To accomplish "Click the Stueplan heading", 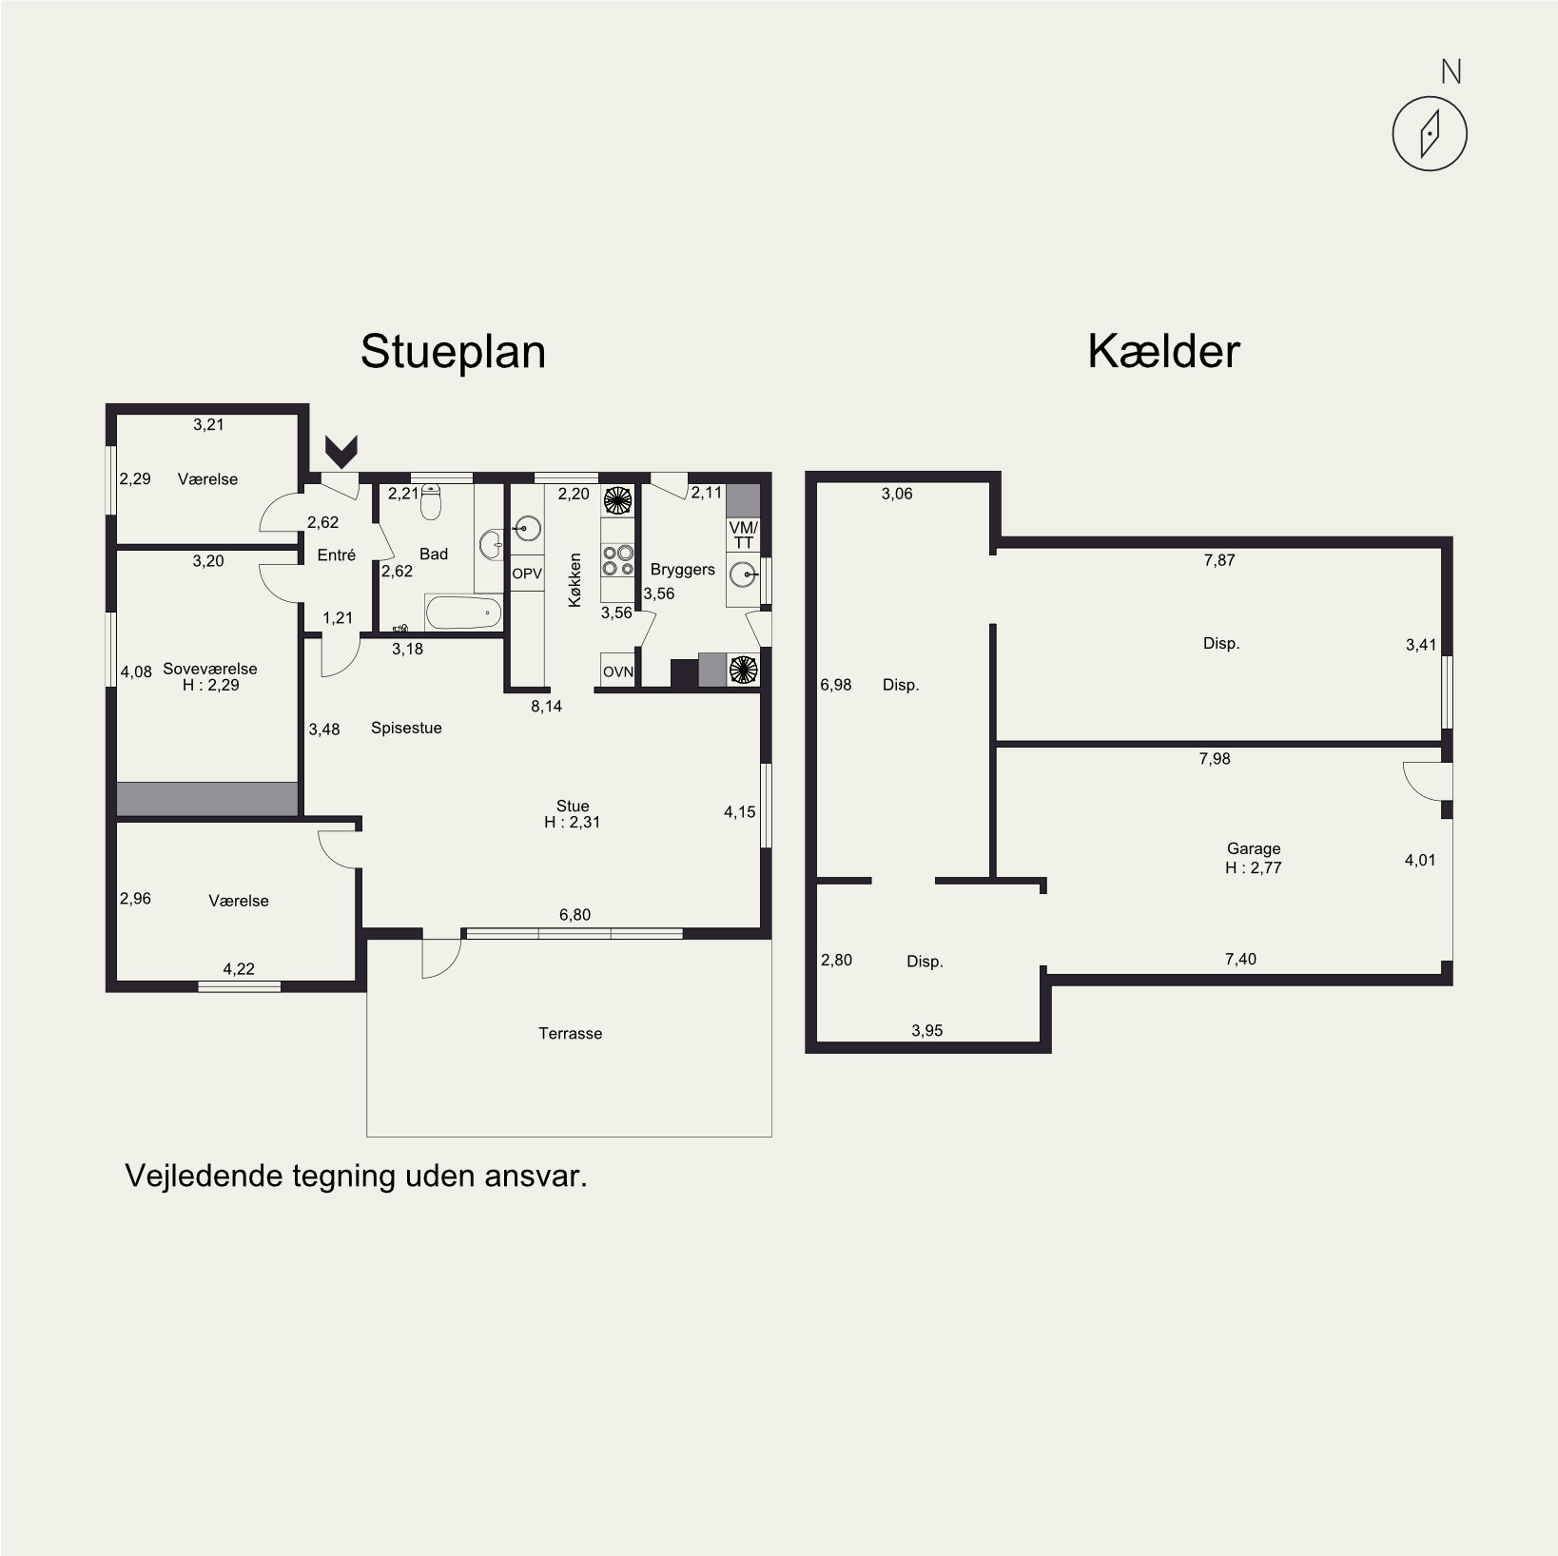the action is [453, 352].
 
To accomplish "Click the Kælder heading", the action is [1163, 351].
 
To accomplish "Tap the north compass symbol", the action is [1429, 134].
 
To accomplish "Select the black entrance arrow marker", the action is [341, 451].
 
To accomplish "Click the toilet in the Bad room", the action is [431, 502].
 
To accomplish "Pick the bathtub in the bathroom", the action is [463, 613].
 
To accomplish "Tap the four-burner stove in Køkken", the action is [617, 559].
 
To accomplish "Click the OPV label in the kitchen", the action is [527, 574].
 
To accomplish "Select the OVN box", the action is [618, 671].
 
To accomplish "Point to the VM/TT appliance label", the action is [744, 535].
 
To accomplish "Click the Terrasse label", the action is [571, 1033].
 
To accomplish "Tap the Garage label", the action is [1254, 848].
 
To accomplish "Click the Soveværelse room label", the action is [210, 669].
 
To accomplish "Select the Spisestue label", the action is [406, 728].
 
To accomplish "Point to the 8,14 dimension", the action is [546, 706].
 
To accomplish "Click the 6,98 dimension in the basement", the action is [836, 684].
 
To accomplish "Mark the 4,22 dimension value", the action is [239, 969].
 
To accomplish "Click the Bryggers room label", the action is [683, 570].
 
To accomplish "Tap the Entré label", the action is [336, 554].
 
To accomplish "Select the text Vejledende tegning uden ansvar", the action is [357, 1176].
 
